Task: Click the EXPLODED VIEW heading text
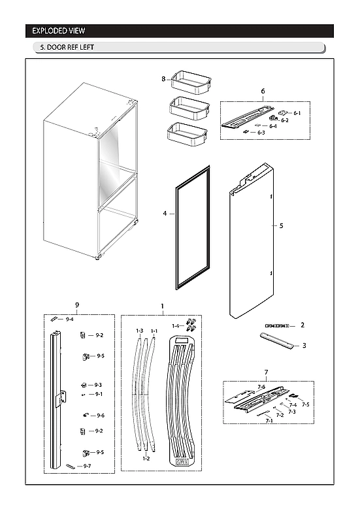59,31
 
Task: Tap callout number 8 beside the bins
163,78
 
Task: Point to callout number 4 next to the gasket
165,213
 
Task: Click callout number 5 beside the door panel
281,226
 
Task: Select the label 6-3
261,133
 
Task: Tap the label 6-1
297,113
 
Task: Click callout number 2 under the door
303,325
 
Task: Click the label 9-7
87,466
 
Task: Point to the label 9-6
100,416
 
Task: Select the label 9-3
99,385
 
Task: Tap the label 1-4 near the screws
174,325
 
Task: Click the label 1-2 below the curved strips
147,459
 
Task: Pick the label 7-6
261,387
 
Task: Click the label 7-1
269,421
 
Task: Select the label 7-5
305,404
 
